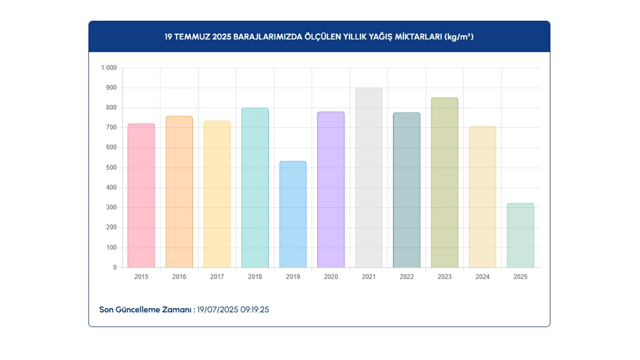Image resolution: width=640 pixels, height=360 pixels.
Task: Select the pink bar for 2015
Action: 141,196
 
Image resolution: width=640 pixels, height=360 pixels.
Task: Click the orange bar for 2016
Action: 179,192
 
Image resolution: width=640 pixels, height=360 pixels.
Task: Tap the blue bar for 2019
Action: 293,215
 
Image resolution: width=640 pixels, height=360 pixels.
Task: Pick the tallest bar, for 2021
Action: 369,178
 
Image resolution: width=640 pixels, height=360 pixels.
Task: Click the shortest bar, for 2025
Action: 520,236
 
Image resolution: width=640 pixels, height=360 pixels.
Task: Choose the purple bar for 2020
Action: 331,190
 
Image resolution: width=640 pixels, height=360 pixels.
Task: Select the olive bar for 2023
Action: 444,183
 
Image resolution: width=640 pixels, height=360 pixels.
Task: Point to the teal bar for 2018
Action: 255,188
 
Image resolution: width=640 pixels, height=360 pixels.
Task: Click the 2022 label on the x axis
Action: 406,277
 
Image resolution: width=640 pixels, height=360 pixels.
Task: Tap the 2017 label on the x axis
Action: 217,277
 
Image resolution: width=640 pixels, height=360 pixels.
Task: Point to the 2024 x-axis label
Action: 482,277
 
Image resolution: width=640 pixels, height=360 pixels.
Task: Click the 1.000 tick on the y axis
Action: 109,68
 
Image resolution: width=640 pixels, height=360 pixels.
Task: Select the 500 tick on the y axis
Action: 111,168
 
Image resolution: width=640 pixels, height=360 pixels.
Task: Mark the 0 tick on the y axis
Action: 115,268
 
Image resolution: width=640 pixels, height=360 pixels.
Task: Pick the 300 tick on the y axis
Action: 111,208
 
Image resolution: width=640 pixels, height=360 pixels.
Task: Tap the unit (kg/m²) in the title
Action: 459,37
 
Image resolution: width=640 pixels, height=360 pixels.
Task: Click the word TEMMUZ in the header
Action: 192,37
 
